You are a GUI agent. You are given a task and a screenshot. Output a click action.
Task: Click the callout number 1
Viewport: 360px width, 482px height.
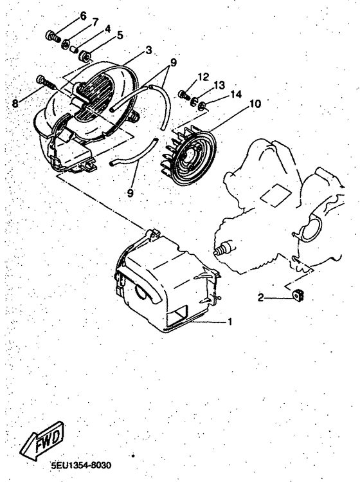tap(230, 321)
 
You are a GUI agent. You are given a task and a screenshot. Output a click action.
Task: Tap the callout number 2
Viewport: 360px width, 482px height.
tap(262, 297)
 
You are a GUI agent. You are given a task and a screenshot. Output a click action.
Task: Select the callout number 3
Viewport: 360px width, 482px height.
tap(148, 50)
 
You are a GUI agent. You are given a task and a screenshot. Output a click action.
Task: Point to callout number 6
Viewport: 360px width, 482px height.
tap(107, 29)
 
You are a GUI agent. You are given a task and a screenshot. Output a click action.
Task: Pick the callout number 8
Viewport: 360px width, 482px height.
tap(120, 35)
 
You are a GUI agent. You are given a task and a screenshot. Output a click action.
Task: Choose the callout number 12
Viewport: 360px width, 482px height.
tap(203, 77)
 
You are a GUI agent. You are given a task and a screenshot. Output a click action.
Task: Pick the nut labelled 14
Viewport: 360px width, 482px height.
tap(201, 105)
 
